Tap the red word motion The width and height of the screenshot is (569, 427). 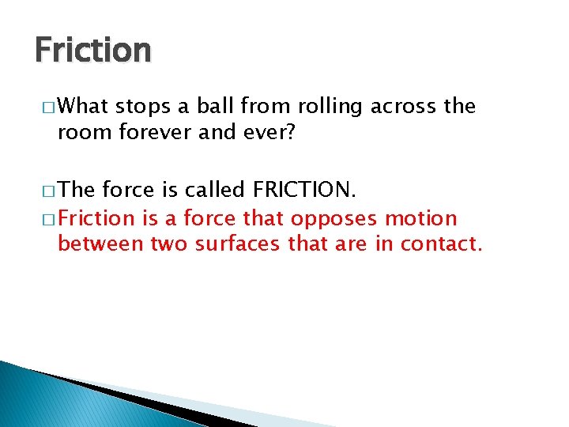pos(421,217)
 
